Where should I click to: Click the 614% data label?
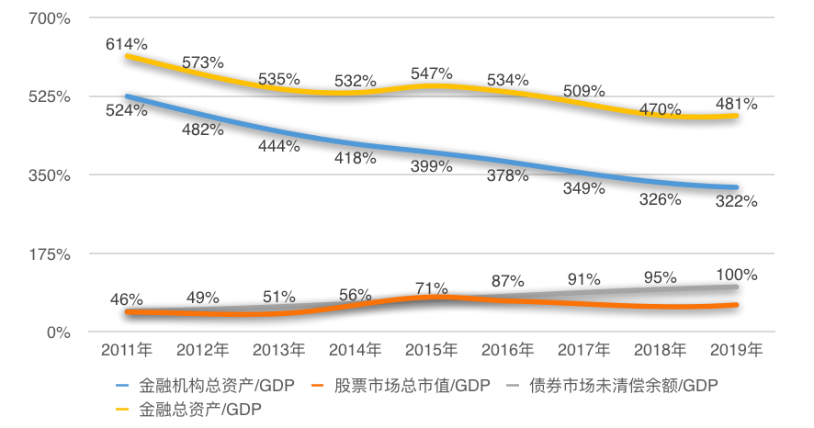coord(126,43)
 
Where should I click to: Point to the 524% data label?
coord(126,110)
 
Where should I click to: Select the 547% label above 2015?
coord(432,73)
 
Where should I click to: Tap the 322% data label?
coord(738,201)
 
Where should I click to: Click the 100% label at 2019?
coord(738,275)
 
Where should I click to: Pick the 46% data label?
coord(126,298)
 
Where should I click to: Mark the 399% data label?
coord(432,166)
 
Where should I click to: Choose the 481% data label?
coord(738,104)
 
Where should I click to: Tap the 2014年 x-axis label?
coord(356,350)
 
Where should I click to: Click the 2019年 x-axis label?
coord(738,350)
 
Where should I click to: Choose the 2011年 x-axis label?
coord(126,350)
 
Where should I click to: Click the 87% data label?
coord(508,280)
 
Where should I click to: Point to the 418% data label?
coord(356,158)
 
